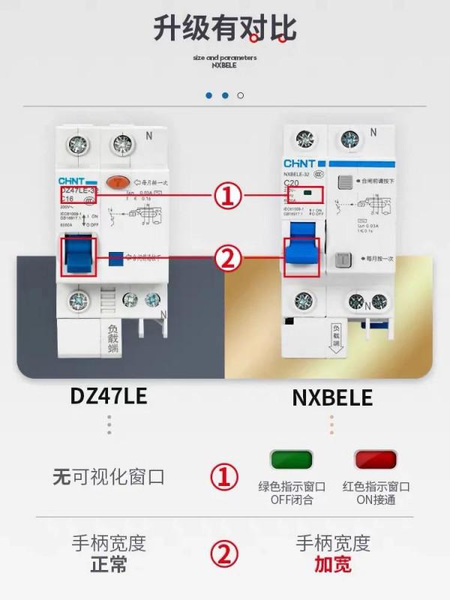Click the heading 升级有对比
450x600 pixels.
[x=225, y=28]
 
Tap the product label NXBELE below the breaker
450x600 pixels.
[x=332, y=397]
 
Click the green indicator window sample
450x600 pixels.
[x=291, y=459]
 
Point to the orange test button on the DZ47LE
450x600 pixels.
[x=118, y=181]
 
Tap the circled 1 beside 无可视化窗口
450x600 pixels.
[x=223, y=477]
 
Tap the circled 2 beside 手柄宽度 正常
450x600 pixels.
[x=223, y=554]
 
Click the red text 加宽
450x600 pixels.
[x=333, y=565]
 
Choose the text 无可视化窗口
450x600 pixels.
[x=108, y=477]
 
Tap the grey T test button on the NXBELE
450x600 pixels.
[x=343, y=259]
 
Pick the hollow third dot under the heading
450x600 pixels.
[x=240, y=95]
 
